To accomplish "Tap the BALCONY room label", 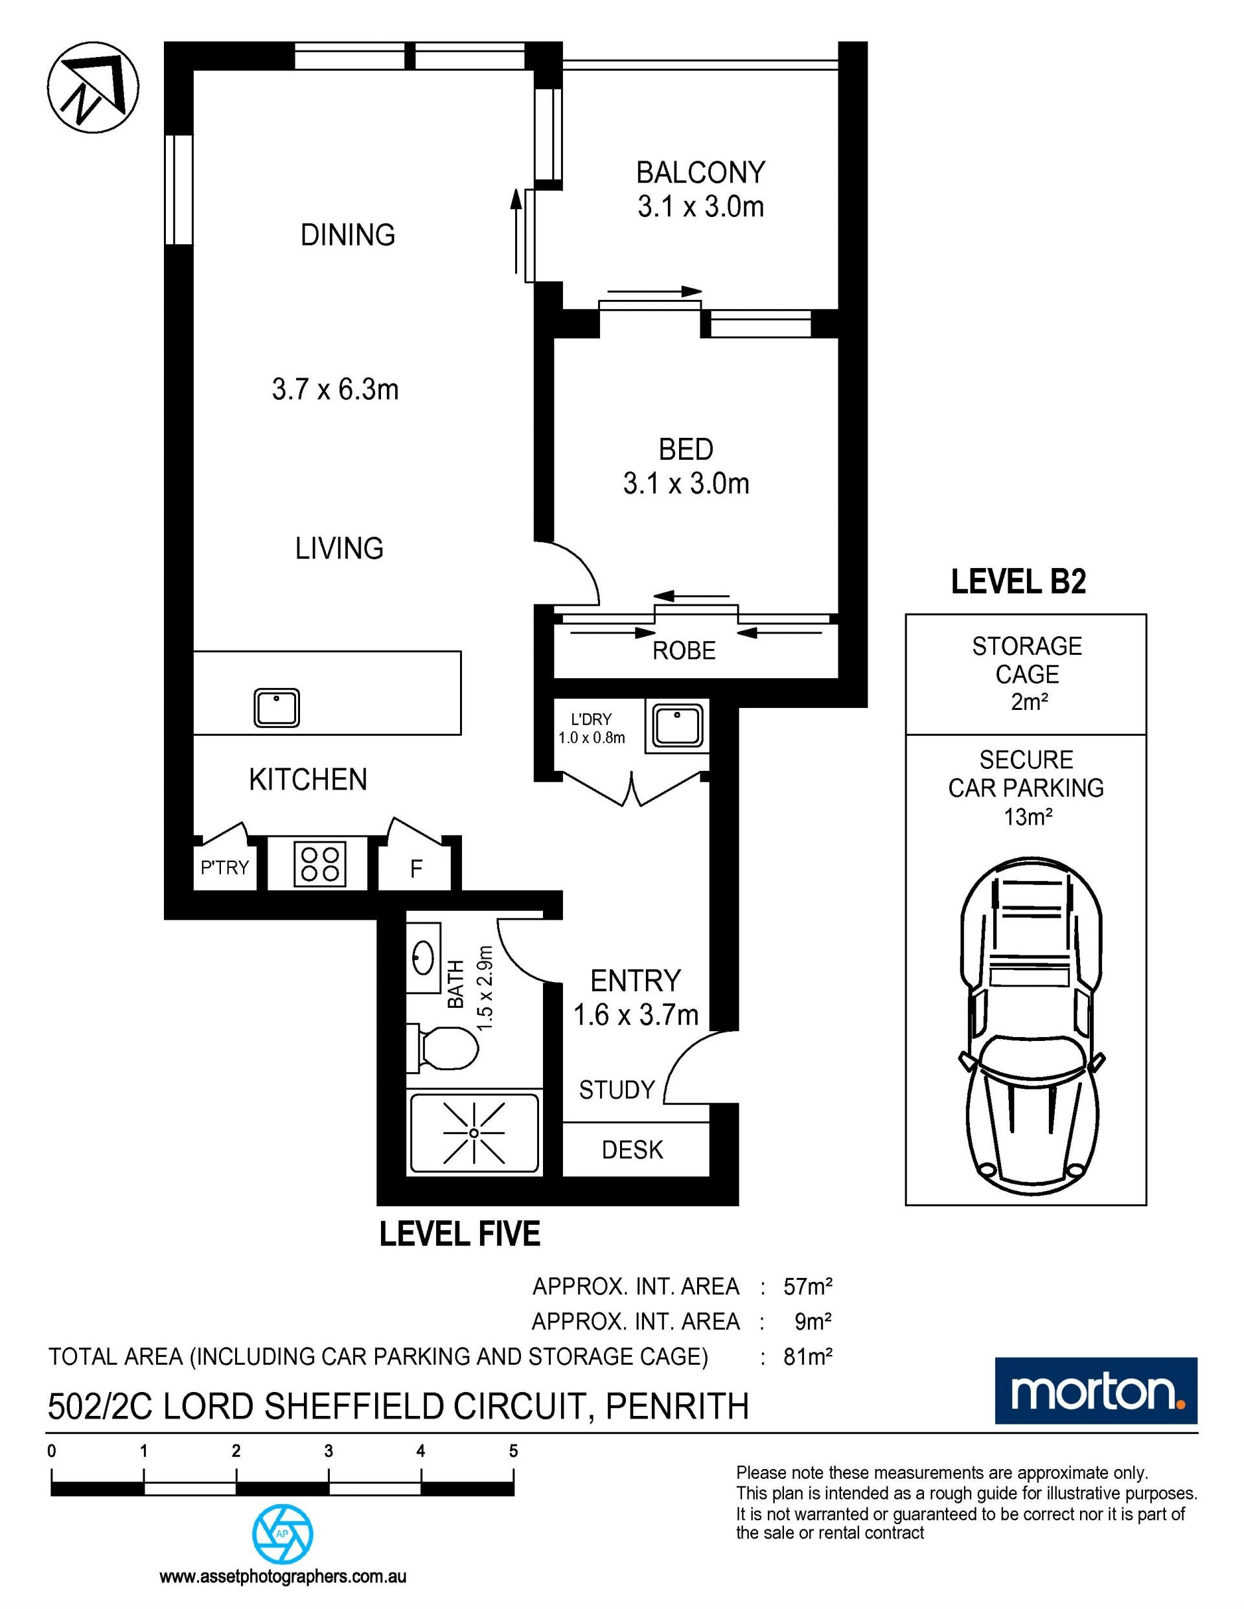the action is (701, 172).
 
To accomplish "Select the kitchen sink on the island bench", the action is (277, 707).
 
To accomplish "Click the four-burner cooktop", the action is (320, 863).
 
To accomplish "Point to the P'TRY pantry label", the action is (225, 867).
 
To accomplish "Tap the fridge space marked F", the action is (417, 869).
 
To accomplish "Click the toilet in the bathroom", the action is (444, 1047).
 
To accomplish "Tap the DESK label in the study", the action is (632, 1149).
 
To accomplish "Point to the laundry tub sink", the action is (675, 726).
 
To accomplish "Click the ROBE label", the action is (684, 650).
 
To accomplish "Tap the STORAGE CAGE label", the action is (1026, 660).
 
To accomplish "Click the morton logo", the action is (1096, 1391).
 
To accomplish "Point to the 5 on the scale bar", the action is (513, 1452).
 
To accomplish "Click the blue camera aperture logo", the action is (283, 1533).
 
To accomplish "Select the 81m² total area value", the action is (808, 1356).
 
